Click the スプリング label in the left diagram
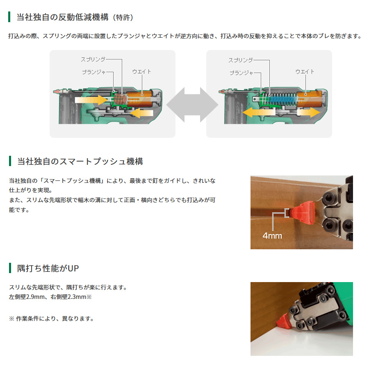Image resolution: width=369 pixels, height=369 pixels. click(x=93, y=59)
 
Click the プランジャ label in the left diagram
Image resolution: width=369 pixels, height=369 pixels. click(x=94, y=72)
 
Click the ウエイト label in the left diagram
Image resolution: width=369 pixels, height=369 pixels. click(x=141, y=71)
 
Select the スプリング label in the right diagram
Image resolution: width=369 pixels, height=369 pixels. click(x=241, y=60)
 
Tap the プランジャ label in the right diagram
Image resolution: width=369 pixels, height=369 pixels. click(x=241, y=73)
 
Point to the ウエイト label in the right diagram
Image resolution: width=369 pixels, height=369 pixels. click(x=305, y=71)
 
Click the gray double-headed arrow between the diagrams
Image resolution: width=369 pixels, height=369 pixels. click(x=192, y=105)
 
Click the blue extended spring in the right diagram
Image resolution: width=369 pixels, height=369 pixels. click(x=280, y=99)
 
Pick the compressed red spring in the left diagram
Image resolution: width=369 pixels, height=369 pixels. click(x=120, y=99)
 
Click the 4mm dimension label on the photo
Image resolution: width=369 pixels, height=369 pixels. click(x=272, y=236)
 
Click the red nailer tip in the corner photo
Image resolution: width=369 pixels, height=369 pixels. click(x=284, y=321)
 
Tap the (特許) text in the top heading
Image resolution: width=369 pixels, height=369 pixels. click(x=123, y=17)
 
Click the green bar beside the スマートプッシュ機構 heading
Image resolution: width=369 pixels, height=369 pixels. click(x=10, y=161)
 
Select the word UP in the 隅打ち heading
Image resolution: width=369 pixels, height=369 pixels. click(x=73, y=268)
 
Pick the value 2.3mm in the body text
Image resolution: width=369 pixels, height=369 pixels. click(x=77, y=297)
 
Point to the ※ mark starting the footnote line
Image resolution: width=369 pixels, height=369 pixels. click(x=11, y=319)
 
